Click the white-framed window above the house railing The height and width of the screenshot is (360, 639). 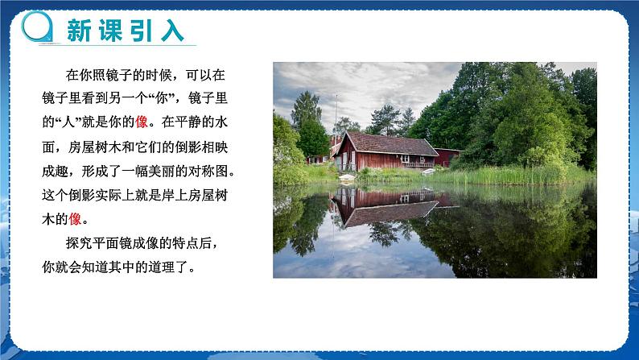[x=407, y=159]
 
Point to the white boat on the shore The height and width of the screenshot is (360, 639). [x=429, y=171]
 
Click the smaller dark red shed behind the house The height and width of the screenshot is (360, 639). [x=447, y=157]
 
